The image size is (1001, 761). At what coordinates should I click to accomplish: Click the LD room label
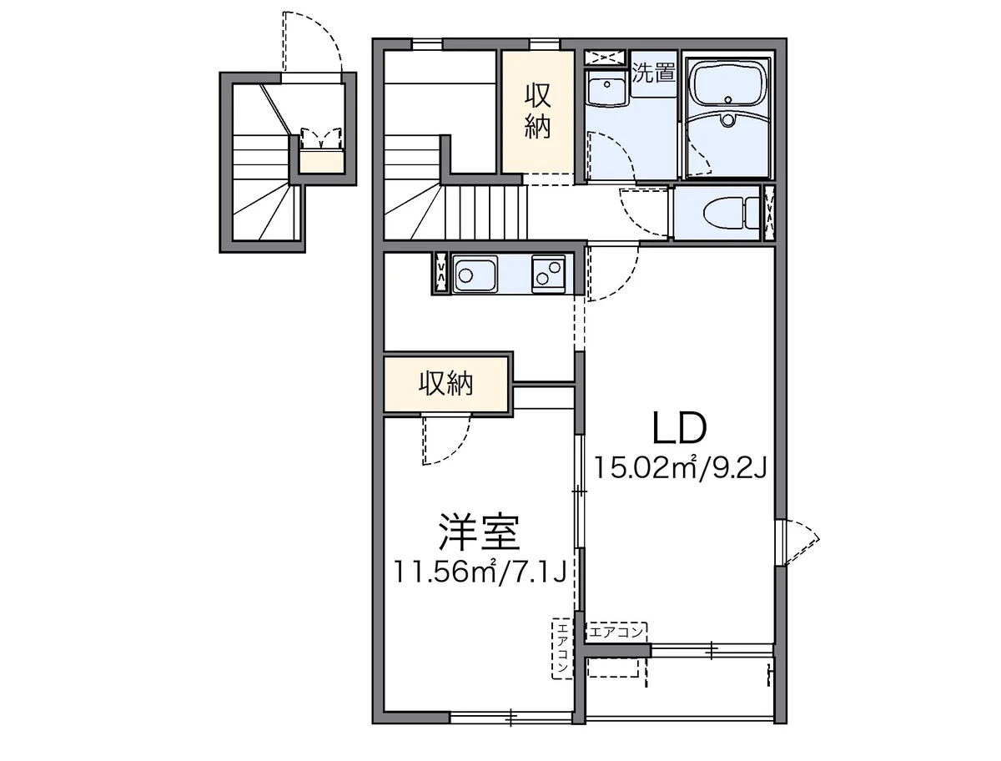click(680, 428)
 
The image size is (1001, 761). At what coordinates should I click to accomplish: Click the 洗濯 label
click(652, 73)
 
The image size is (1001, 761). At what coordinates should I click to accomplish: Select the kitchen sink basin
click(475, 273)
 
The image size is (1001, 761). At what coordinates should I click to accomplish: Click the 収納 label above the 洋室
click(445, 384)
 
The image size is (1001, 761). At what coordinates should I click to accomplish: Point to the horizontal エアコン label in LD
click(617, 632)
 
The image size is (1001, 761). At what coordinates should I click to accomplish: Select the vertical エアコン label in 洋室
click(562, 648)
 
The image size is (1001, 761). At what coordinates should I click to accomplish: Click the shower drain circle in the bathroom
click(729, 120)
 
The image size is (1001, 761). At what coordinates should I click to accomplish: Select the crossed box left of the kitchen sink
click(440, 273)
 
